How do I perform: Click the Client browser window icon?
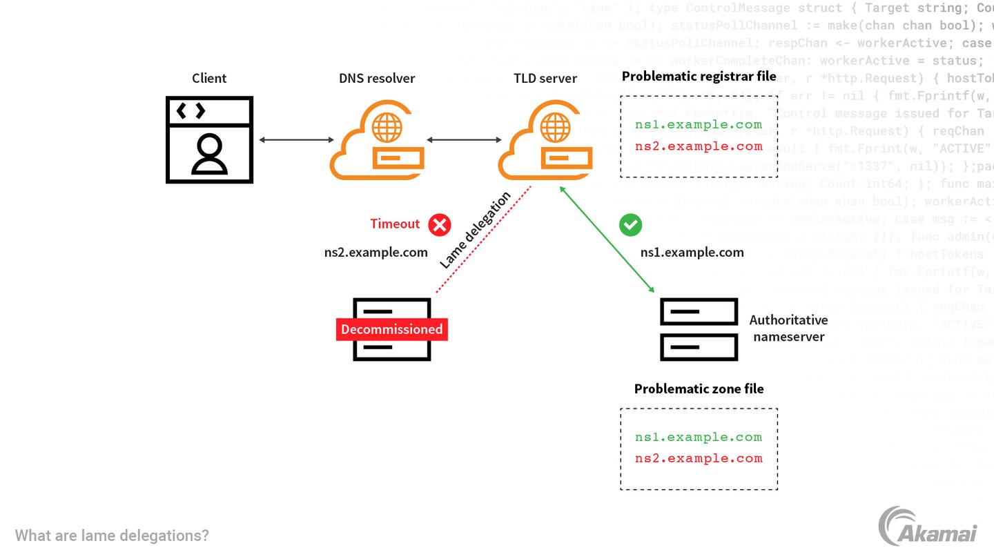pos(209,139)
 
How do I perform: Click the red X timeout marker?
pos(439,224)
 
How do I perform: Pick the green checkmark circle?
pos(630,224)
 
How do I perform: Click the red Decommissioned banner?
pos(391,329)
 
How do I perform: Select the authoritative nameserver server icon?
pos(699,329)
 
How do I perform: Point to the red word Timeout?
pos(395,224)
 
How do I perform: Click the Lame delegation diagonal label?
pos(475,230)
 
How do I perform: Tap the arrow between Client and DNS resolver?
pos(296,140)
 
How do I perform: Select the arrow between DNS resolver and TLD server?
pos(464,140)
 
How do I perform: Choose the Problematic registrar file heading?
pos(699,76)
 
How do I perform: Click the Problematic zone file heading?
pos(699,389)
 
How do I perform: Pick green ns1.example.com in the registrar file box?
pos(699,125)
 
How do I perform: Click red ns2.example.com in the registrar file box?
pos(699,146)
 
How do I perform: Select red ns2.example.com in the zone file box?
pos(699,458)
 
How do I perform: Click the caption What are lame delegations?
pos(112,536)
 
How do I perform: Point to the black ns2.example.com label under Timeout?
pos(376,253)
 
